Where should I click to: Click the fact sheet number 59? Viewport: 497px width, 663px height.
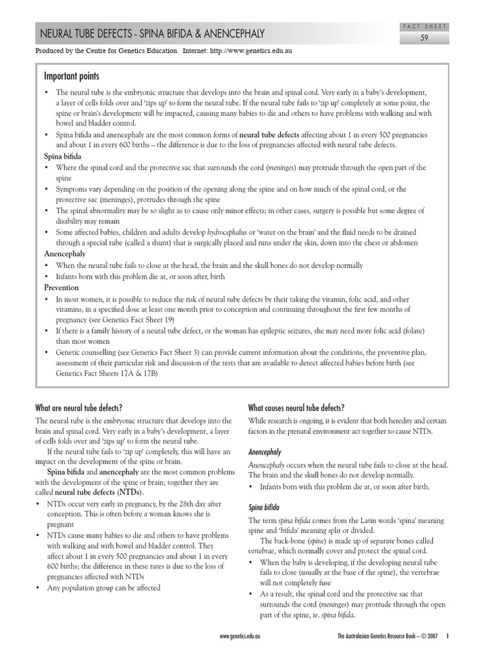click(x=425, y=38)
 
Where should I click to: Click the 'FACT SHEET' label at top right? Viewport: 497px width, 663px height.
click(x=425, y=26)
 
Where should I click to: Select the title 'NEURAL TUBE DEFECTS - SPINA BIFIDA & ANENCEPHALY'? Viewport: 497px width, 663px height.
click(x=152, y=34)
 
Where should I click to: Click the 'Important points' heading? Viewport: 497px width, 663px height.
click(x=72, y=76)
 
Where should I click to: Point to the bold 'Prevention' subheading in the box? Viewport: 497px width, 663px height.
click(x=61, y=287)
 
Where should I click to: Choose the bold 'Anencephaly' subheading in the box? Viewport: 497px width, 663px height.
click(x=65, y=254)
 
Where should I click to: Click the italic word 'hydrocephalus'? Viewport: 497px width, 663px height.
click(x=228, y=232)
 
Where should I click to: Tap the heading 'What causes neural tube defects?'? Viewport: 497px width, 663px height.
click(x=296, y=408)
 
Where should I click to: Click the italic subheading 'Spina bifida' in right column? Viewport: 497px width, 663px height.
click(x=265, y=507)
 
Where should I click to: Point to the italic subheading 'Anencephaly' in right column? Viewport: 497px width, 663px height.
click(x=265, y=451)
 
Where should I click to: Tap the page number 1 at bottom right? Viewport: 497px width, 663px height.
click(x=447, y=636)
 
